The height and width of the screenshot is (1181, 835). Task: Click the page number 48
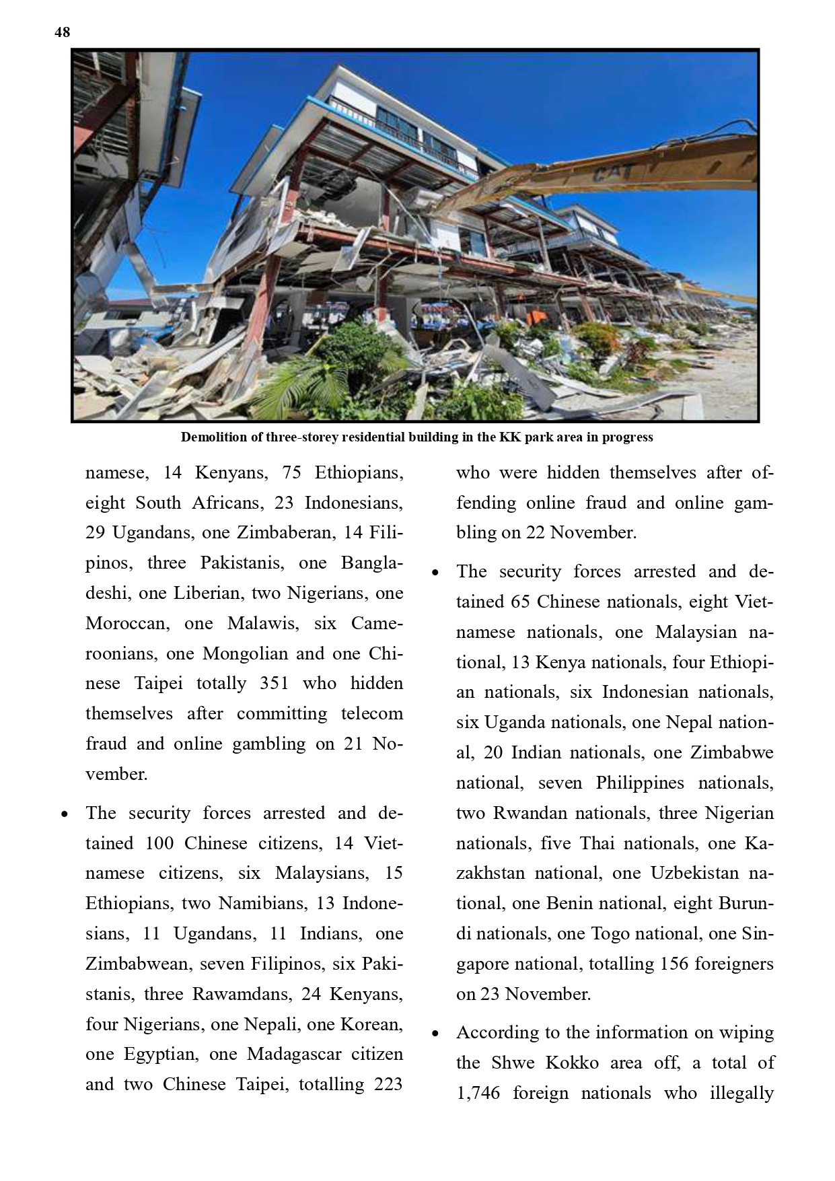pyautogui.click(x=62, y=32)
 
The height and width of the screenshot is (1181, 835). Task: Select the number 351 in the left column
pyautogui.click(x=274, y=684)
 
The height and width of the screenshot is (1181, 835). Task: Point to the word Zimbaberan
pyautogui.click(x=285, y=533)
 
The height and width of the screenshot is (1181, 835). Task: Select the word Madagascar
pyautogui.click(x=294, y=1054)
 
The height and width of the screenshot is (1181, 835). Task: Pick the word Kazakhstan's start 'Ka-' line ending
pyautogui.click(x=759, y=844)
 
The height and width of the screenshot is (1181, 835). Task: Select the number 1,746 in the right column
pyautogui.click(x=478, y=1093)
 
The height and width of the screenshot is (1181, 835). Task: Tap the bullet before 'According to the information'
pyautogui.click(x=435, y=1034)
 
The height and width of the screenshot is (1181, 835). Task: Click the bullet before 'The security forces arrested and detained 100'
pyautogui.click(x=65, y=814)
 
